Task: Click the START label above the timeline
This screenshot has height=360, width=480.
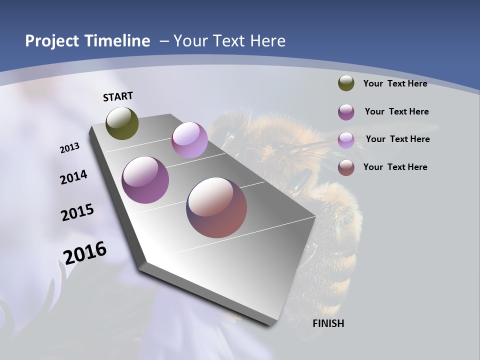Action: [x=118, y=96]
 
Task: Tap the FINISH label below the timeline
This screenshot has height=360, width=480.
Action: [x=328, y=323]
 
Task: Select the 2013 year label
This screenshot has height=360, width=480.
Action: [x=69, y=148]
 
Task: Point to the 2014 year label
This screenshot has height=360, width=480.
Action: [x=73, y=177]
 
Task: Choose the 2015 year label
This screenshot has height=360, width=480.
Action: [x=77, y=212]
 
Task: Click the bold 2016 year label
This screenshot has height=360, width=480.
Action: [x=85, y=253]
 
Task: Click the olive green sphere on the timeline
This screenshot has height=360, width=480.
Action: [x=122, y=123]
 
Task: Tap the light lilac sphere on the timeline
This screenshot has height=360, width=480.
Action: [x=189, y=140]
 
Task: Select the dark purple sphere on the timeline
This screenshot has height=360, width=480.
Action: [x=145, y=180]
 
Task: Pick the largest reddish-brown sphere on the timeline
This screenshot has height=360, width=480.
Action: [x=216, y=207]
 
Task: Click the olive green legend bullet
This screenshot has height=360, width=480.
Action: [x=346, y=83]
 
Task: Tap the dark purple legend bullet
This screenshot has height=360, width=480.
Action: [x=346, y=112]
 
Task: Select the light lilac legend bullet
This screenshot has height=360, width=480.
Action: [x=346, y=140]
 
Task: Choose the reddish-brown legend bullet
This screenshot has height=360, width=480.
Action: [x=346, y=167]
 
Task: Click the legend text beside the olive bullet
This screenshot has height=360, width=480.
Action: [x=395, y=83]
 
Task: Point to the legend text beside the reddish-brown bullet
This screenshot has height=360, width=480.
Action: [x=395, y=167]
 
